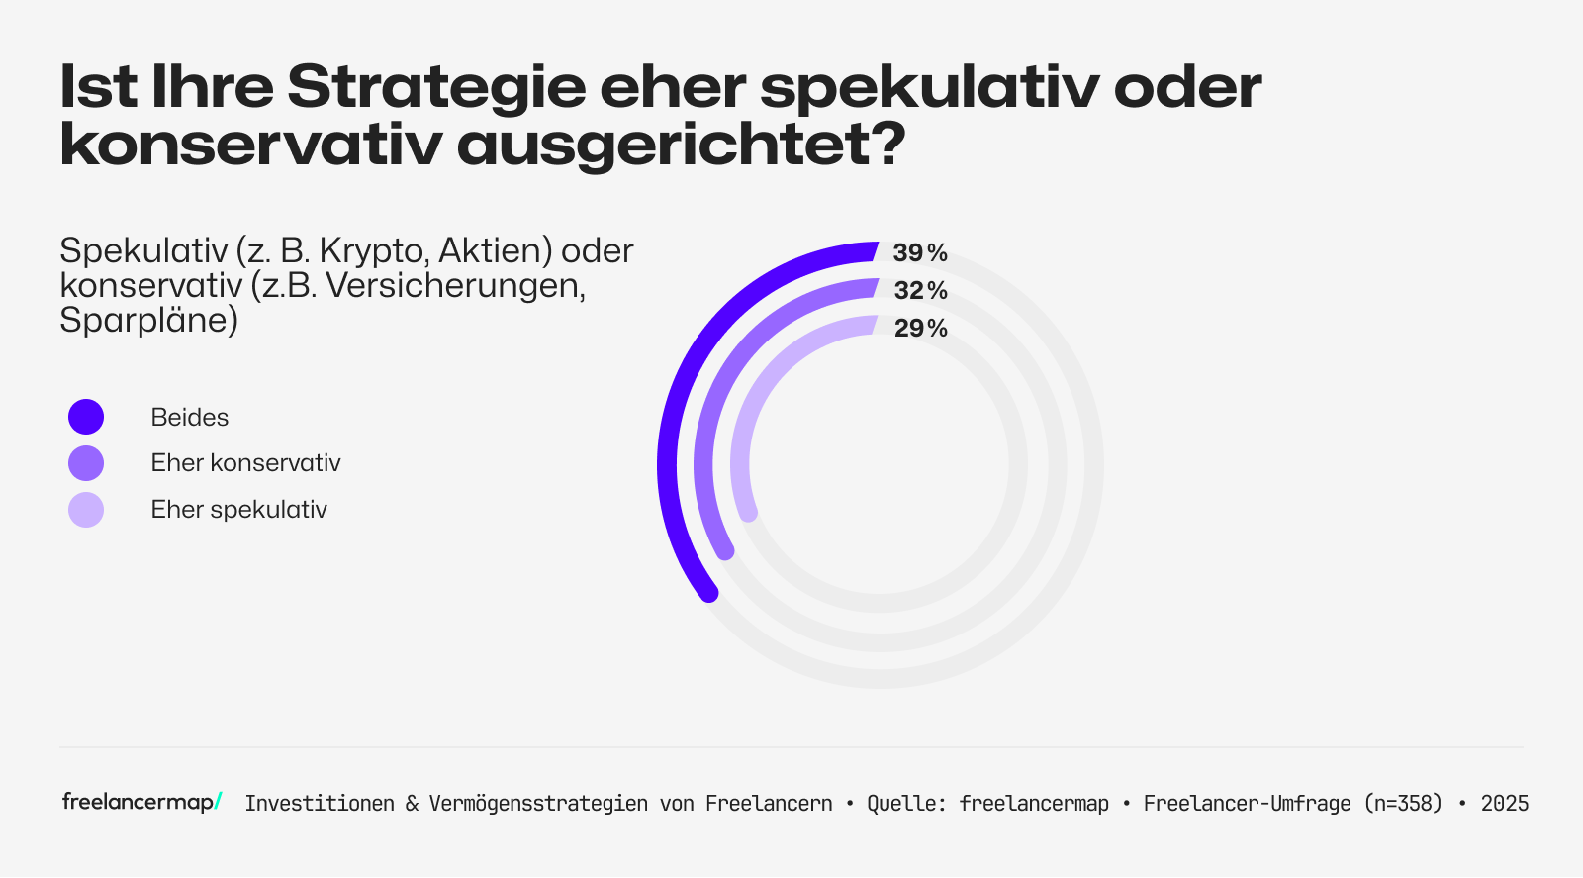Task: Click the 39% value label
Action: pos(920,253)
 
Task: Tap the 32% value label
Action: pos(920,291)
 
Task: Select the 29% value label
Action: pos(920,329)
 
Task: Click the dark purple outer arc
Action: pos(673,416)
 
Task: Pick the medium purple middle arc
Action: pos(708,426)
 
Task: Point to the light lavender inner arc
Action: pos(744,436)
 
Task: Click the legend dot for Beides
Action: pos(86,417)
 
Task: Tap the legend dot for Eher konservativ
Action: pos(86,463)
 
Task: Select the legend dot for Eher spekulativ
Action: pos(86,510)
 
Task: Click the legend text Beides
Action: pos(189,418)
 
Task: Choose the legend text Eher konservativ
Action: pos(245,463)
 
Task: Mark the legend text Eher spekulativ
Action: pos(238,510)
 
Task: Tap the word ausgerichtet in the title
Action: pos(681,146)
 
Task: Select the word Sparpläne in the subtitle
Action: pos(148,321)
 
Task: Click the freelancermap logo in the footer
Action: pos(141,802)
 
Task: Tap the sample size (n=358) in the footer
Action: pos(1403,804)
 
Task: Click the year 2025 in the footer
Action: pos(1504,804)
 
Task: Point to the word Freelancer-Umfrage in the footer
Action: pos(1247,804)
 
